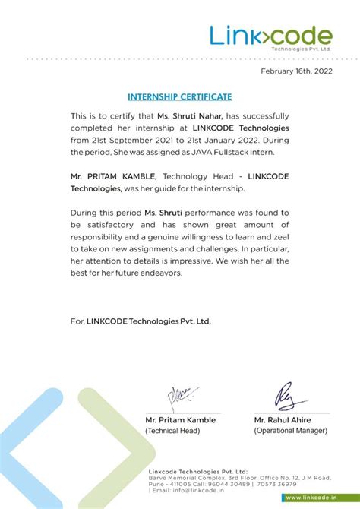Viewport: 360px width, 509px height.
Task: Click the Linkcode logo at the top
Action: click(x=270, y=36)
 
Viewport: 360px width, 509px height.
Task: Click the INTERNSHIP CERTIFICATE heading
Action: click(x=180, y=97)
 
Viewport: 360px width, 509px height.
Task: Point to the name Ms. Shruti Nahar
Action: click(x=185, y=116)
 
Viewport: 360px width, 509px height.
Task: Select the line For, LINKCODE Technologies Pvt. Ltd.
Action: click(x=141, y=321)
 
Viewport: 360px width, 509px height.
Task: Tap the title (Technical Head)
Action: click(x=172, y=431)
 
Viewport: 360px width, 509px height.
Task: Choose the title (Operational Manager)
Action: click(x=291, y=431)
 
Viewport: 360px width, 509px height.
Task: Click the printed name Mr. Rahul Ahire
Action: click(x=283, y=420)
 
